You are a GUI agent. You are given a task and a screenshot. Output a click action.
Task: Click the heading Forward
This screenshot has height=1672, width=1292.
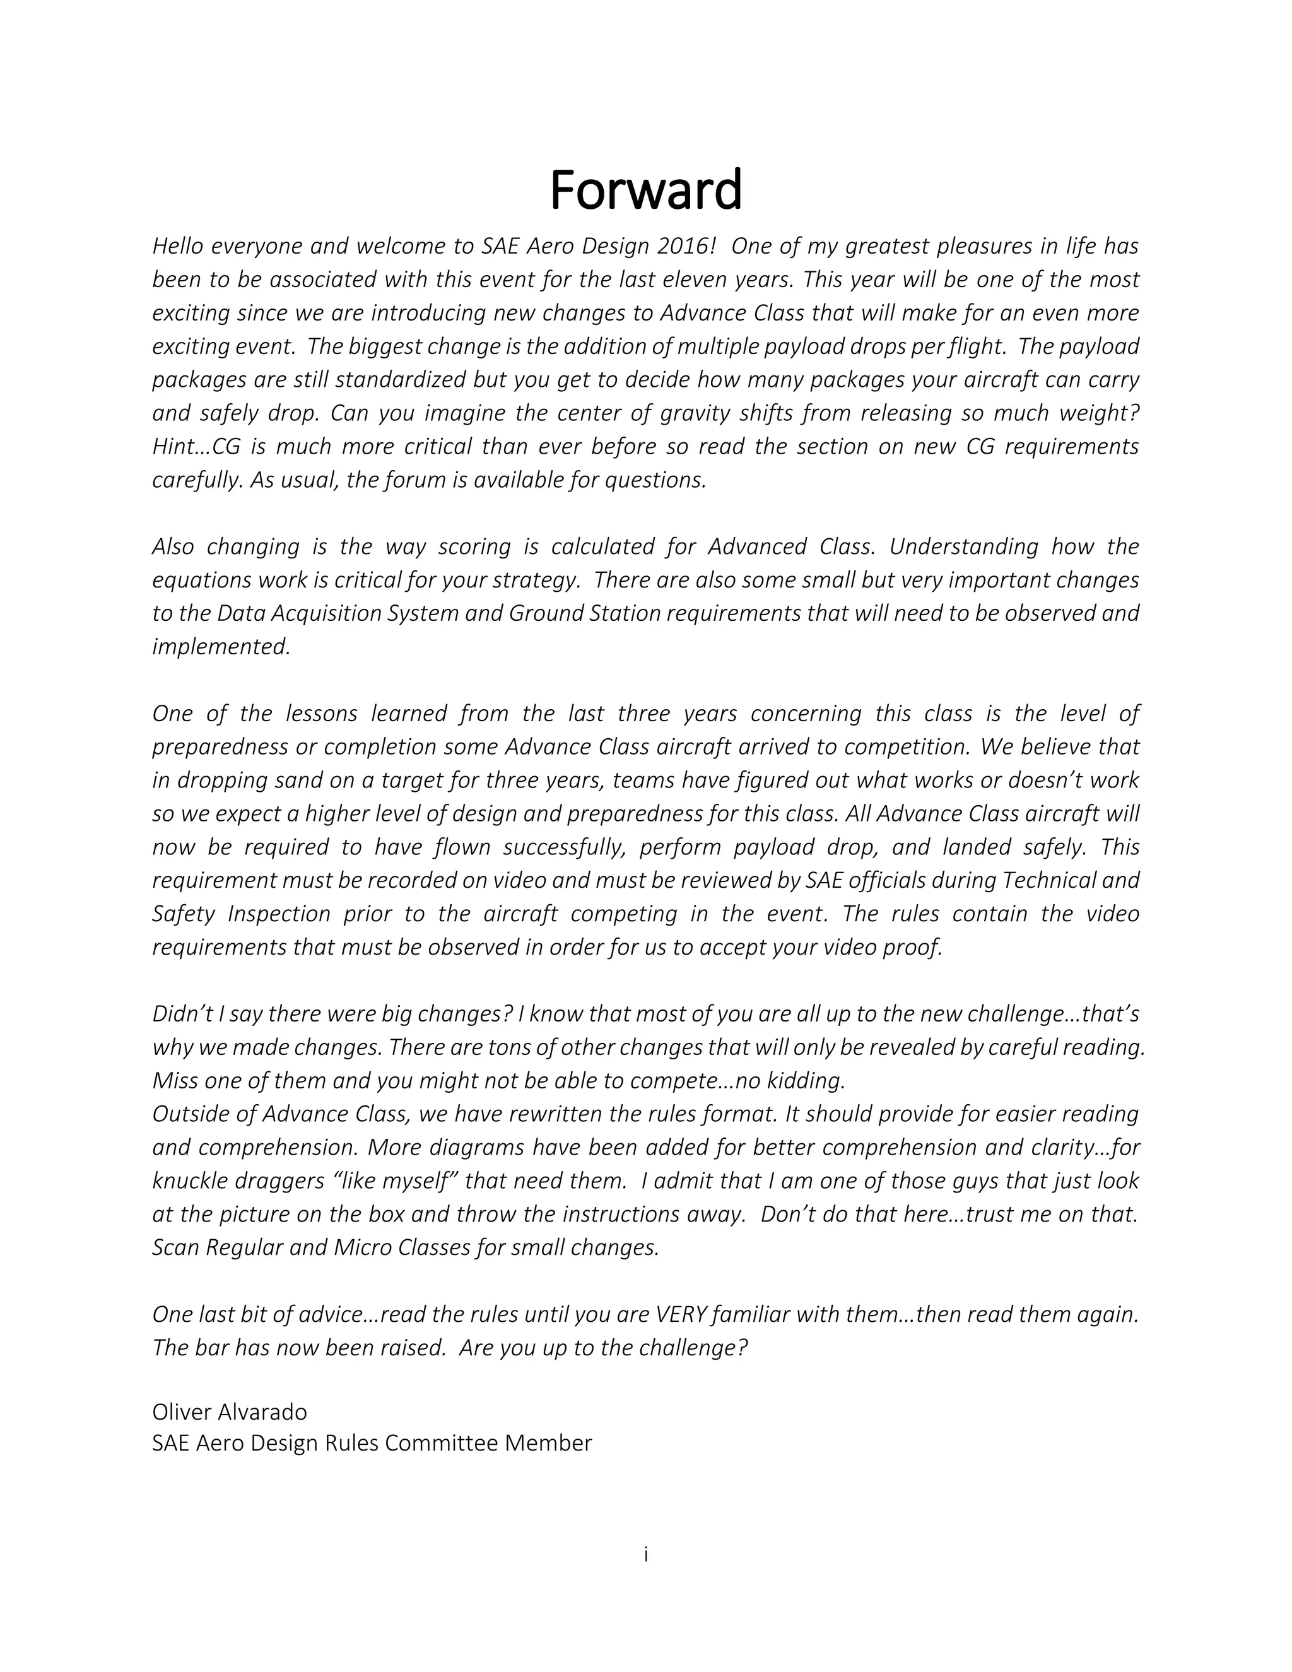645,190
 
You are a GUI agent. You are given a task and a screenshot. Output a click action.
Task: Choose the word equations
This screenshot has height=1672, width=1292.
202,580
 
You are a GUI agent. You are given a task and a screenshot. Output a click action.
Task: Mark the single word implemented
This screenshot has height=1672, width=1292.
221,647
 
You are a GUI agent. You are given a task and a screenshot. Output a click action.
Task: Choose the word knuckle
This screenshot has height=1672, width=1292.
184,1181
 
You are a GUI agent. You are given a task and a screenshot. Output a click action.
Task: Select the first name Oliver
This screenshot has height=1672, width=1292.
184,1411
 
